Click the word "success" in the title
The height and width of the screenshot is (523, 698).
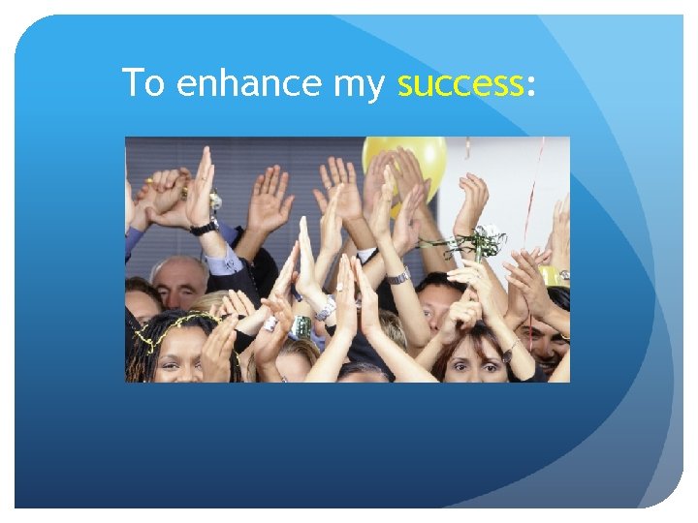460,84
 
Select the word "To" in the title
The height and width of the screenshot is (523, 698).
143,84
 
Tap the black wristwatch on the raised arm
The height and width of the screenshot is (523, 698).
204,228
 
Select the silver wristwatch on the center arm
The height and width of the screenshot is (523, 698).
397,276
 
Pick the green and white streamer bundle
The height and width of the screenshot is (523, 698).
475,242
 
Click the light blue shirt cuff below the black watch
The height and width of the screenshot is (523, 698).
220,257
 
